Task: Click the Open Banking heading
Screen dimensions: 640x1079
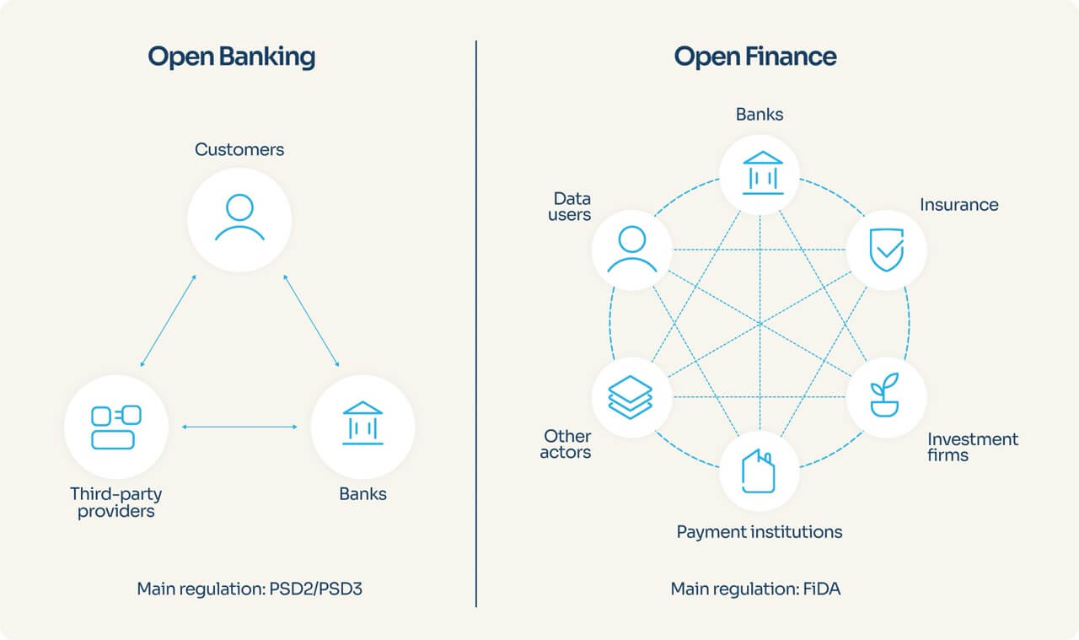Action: click(231, 56)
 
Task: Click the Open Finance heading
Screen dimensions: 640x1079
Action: click(755, 56)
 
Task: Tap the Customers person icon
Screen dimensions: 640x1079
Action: click(239, 219)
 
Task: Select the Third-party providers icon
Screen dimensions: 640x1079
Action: click(116, 427)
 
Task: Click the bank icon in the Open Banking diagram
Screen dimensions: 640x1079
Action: click(362, 423)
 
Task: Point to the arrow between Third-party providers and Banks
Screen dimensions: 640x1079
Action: click(239, 428)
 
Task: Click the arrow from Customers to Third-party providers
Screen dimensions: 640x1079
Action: click(169, 320)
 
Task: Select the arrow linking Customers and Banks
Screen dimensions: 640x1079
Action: click(312, 320)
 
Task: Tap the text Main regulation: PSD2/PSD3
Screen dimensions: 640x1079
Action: click(250, 588)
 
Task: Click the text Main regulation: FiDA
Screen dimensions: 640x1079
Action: click(755, 588)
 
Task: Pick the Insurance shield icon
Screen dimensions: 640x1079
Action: click(886, 250)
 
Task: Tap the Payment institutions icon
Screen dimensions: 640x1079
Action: click(759, 471)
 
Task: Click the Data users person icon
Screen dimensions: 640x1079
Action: click(632, 250)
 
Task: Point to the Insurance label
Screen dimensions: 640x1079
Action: click(958, 205)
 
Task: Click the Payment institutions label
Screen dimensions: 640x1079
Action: click(759, 532)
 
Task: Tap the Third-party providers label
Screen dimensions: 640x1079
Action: click(116, 503)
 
